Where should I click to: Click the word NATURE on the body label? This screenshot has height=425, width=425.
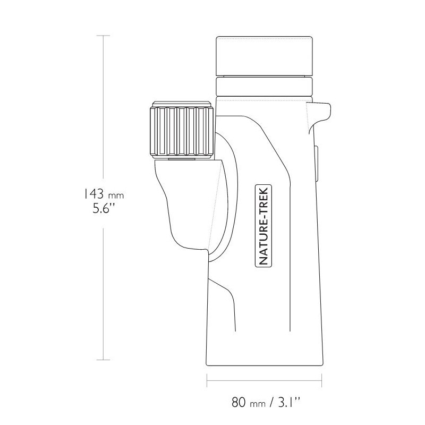click(264, 239)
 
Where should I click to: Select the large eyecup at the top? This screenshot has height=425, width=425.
click(263, 56)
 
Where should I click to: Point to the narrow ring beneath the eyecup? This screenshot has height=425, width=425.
click(263, 85)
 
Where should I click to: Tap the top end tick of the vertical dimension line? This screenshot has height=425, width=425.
click(103, 36)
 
